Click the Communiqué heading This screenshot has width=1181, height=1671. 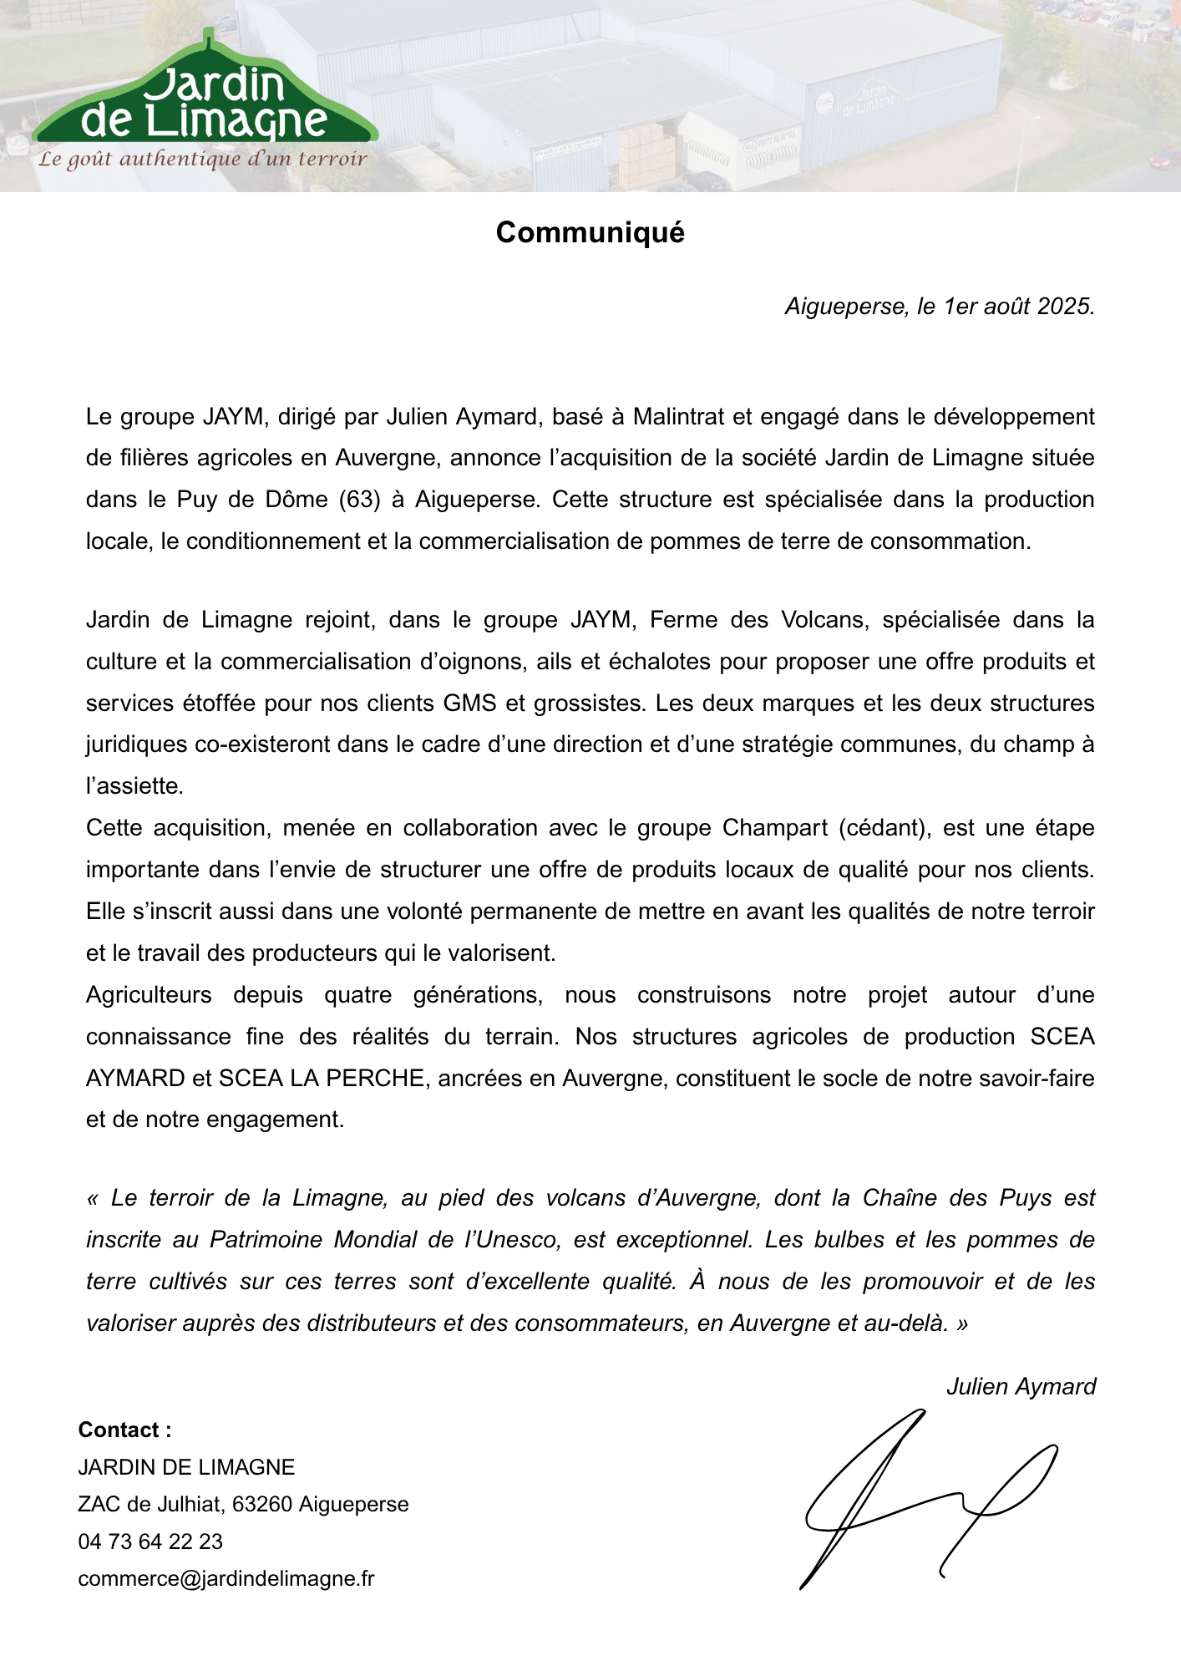(x=590, y=232)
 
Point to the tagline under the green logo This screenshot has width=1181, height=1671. (x=203, y=159)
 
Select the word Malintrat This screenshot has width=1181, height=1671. (x=678, y=416)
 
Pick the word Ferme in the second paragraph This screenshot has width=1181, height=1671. (x=682, y=620)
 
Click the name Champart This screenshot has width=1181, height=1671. (x=774, y=828)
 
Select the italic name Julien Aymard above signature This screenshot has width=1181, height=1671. (x=1021, y=1387)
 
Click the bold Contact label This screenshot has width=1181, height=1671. (x=124, y=1430)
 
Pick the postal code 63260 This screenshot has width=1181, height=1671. (x=262, y=1505)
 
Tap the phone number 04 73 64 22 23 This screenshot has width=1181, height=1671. (x=150, y=1541)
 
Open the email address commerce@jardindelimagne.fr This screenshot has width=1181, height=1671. (x=226, y=1579)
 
